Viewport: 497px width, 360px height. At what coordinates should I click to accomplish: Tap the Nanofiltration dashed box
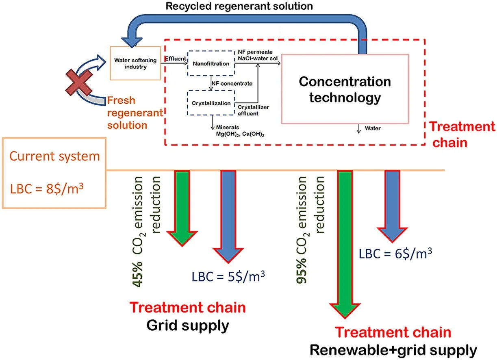(210, 63)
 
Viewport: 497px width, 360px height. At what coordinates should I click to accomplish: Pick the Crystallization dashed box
(211, 103)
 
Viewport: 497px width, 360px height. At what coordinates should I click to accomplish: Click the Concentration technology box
(345, 89)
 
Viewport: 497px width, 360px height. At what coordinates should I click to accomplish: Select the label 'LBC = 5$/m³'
(228, 276)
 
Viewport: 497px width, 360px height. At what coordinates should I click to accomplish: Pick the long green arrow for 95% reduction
(344, 244)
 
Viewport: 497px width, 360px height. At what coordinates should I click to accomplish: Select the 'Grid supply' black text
(187, 325)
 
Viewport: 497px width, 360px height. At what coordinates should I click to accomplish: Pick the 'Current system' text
(55, 156)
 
